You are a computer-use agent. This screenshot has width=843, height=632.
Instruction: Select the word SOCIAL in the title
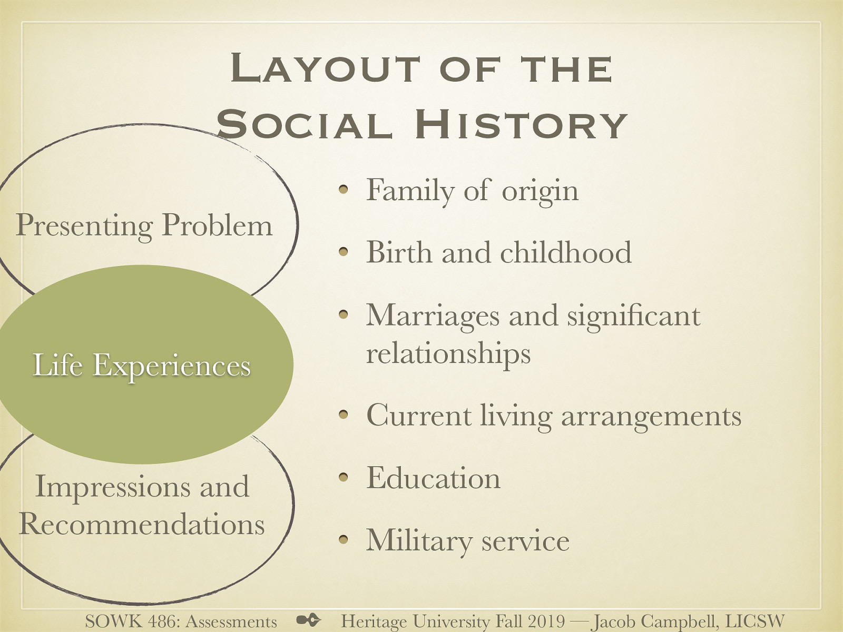point(304,125)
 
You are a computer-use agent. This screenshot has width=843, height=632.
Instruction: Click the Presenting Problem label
point(144,225)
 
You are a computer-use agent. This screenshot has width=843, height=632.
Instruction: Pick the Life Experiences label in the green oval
point(142,365)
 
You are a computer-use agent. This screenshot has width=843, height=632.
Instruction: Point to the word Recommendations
point(142,524)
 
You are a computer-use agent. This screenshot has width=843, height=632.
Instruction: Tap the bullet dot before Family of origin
point(344,190)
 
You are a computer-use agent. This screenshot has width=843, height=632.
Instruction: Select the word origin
point(540,191)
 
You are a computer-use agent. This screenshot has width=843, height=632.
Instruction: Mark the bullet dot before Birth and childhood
point(344,252)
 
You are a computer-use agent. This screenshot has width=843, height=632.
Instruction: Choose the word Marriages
point(433,316)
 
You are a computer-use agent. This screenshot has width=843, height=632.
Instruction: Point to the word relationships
point(448,353)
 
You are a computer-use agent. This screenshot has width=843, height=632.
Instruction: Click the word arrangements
point(651,416)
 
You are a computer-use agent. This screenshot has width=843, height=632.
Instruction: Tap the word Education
point(433,478)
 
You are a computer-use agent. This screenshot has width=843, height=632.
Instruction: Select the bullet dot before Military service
point(344,540)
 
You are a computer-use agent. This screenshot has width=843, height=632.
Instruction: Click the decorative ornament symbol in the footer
point(308,620)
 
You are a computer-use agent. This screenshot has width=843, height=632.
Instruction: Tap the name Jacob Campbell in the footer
point(652,621)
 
